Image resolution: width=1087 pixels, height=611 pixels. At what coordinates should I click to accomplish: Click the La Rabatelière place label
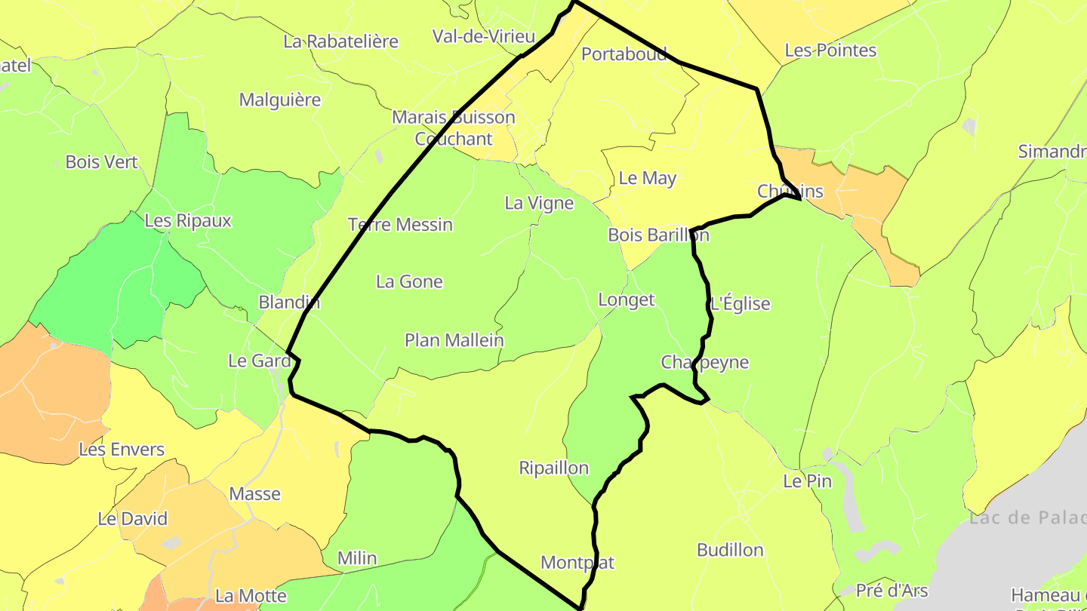[340, 41]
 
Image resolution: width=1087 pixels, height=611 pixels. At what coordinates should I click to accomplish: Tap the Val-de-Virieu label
[483, 36]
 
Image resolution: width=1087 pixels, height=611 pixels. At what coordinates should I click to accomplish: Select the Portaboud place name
[624, 54]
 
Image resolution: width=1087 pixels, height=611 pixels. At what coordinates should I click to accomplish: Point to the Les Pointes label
[830, 51]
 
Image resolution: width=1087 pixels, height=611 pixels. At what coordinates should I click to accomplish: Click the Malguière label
[280, 100]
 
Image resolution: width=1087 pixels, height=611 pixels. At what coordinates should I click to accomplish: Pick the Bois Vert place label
[102, 161]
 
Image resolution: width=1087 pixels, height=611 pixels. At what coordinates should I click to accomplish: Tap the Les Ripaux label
[188, 221]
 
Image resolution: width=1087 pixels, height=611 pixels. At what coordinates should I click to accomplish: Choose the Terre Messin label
[400, 224]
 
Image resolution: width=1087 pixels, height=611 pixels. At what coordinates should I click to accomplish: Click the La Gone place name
[409, 281]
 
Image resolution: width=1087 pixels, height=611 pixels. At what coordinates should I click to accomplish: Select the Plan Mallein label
[454, 340]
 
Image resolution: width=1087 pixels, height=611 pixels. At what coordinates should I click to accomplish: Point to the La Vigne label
[539, 203]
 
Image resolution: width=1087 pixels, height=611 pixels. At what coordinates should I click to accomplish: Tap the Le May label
[647, 178]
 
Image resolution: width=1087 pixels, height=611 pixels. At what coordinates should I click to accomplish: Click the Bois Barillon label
[658, 235]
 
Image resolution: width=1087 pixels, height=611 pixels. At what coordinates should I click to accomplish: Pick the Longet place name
[626, 299]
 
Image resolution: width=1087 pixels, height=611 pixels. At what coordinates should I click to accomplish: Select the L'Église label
[741, 304]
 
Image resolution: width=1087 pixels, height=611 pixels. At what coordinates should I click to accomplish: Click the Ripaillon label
[553, 468]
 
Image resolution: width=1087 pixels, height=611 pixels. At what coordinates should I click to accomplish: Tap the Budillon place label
[730, 550]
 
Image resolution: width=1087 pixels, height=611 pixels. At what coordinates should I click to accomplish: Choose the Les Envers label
[122, 450]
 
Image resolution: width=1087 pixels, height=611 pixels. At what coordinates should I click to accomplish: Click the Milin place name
[357, 558]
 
